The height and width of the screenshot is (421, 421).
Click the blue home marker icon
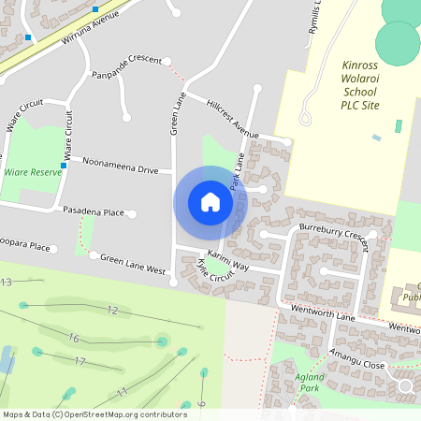pos(210,201)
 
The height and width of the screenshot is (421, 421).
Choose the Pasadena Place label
pos(94,212)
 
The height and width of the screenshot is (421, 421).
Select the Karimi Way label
pos(228,254)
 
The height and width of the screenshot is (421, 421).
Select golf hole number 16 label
pos(74,338)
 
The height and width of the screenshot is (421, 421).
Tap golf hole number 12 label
pos(112,310)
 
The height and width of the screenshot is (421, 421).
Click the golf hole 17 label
pos(80,361)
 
